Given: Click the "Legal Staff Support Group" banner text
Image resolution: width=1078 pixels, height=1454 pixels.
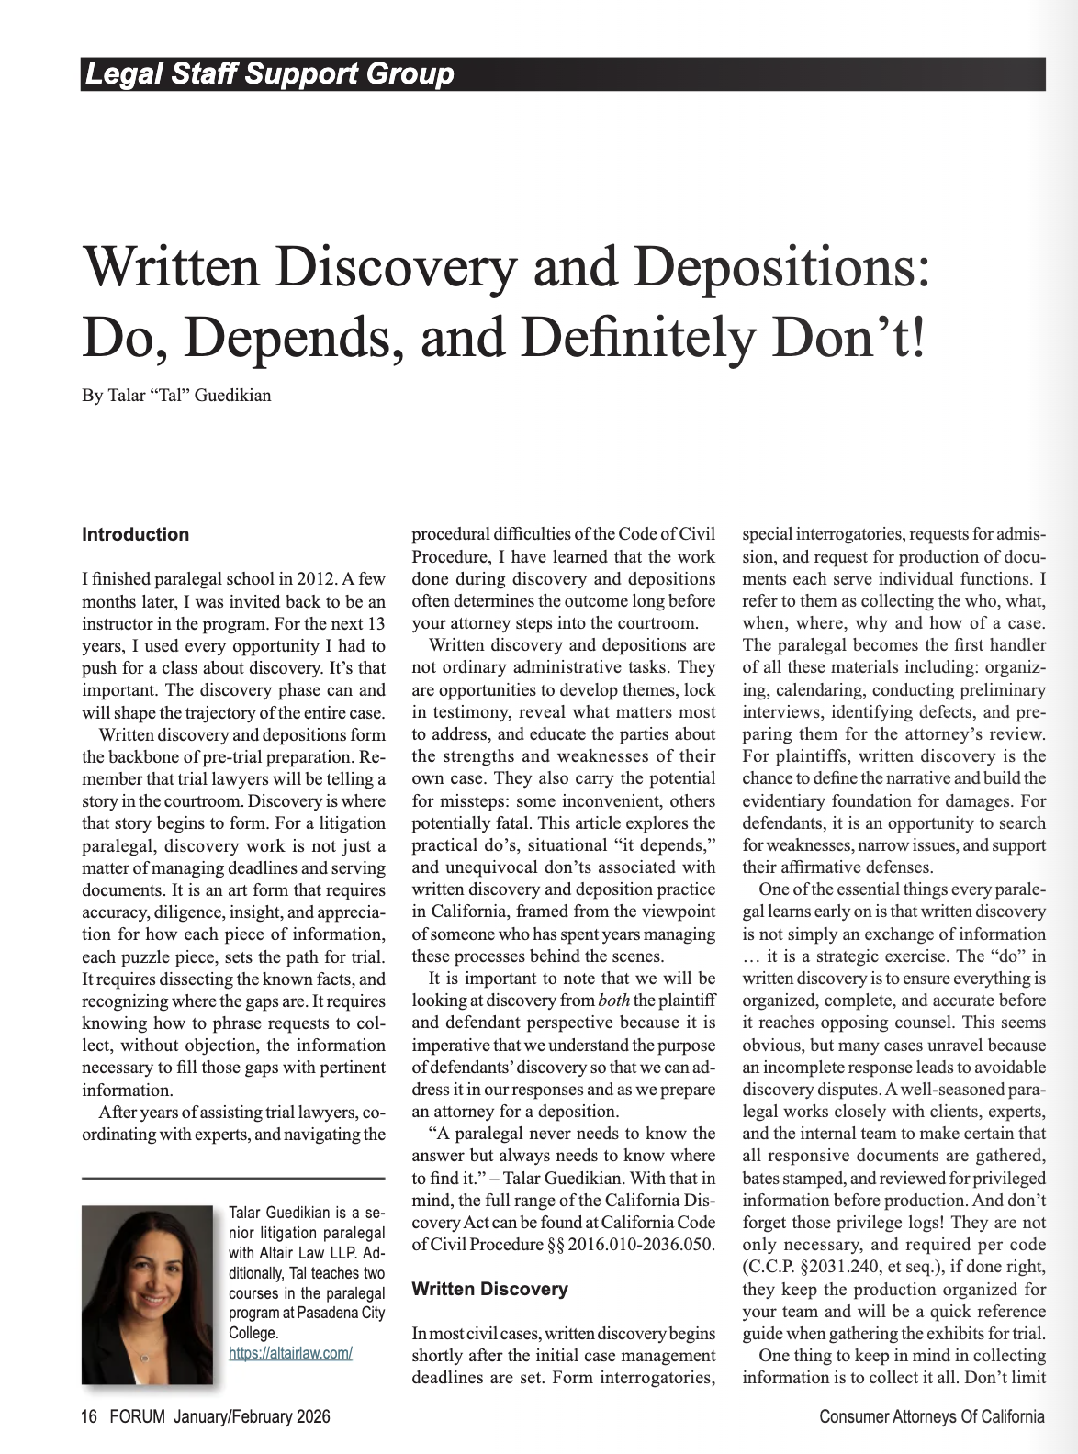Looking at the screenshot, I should click(x=269, y=73).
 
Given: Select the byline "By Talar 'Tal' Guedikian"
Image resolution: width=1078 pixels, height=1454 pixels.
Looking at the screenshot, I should click(x=176, y=396).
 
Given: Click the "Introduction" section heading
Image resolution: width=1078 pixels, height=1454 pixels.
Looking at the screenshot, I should click(x=135, y=534).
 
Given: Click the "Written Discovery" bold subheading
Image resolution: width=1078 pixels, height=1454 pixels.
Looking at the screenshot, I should click(x=489, y=1289).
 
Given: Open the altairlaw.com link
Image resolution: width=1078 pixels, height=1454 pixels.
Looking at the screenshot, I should click(x=290, y=1353).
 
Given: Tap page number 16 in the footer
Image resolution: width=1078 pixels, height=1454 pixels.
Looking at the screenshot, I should click(x=89, y=1416).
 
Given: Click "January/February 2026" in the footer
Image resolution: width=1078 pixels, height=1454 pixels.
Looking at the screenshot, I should click(x=252, y=1416).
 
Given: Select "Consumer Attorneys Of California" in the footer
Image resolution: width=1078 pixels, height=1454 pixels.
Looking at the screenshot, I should click(x=931, y=1416).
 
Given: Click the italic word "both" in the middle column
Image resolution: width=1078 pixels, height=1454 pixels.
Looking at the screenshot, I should click(x=613, y=1001).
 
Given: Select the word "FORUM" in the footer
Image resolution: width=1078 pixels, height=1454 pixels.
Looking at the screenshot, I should click(x=137, y=1416).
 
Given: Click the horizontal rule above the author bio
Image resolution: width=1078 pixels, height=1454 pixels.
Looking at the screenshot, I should click(x=233, y=1178).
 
